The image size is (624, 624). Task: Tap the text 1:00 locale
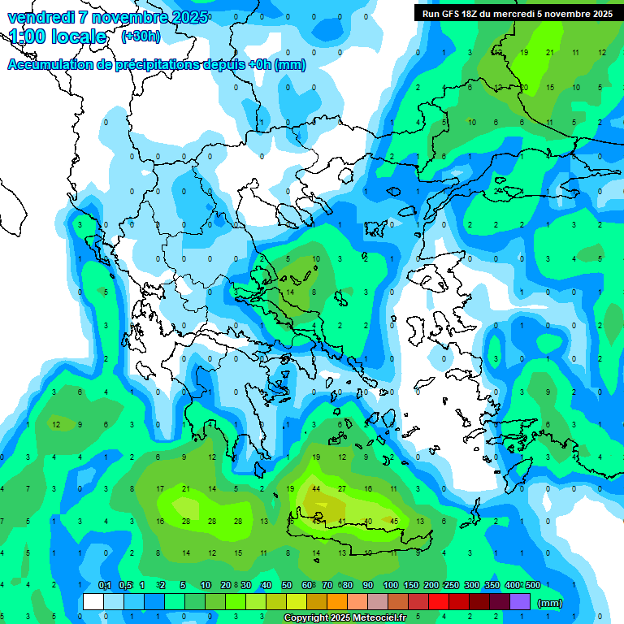(58, 37)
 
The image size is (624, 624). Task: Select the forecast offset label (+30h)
(141, 37)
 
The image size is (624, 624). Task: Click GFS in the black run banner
(451, 14)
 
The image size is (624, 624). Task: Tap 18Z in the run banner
(470, 14)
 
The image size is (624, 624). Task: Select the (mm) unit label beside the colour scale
(550, 603)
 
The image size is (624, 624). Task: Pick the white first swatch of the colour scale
(93, 602)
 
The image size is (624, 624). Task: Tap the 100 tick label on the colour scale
(391, 585)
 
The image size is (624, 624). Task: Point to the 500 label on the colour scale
(532, 585)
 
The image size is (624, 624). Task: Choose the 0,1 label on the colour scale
(105, 585)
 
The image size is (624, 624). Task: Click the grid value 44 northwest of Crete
(316, 489)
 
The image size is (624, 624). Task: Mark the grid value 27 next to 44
(342, 489)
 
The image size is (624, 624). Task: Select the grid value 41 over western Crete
(342, 521)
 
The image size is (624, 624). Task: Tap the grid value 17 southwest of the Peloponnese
(160, 489)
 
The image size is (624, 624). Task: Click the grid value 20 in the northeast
(524, 88)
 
